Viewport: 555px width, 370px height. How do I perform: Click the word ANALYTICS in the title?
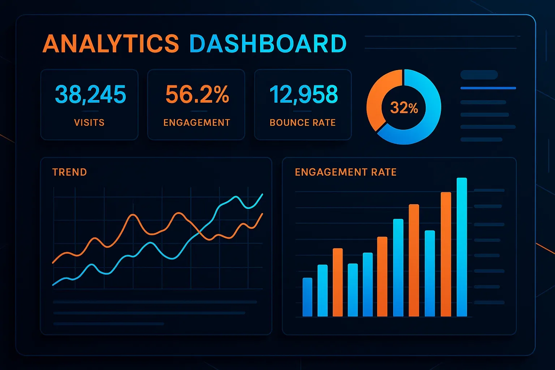pyautogui.click(x=111, y=43)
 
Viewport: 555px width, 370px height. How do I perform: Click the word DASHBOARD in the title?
pyautogui.click(x=268, y=43)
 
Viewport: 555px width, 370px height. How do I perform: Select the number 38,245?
pyautogui.click(x=90, y=94)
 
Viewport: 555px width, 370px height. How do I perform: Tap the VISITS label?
pyautogui.click(x=89, y=123)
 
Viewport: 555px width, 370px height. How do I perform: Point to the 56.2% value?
pyautogui.click(x=197, y=94)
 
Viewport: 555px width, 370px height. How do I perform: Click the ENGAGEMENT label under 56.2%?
pyautogui.click(x=197, y=123)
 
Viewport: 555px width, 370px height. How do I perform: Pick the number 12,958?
pyautogui.click(x=304, y=94)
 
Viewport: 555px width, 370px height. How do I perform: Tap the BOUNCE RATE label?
pyautogui.click(x=303, y=123)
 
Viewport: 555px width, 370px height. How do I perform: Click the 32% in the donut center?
pyautogui.click(x=404, y=108)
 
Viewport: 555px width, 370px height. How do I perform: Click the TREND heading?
pyautogui.click(x=69, y=172)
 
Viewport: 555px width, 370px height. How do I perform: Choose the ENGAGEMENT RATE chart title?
pyautogui.click(x=345, y=172)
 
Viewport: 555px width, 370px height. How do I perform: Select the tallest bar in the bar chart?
pyautogui.click(x=462, y=247)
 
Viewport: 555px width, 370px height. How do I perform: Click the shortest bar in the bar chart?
pyautogui.click(x=307, y=297)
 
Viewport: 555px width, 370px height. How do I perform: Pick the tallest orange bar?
pyautogui.click(x=446, y=254)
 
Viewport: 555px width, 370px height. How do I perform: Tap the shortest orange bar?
pyautogui.click(x=337, y=282)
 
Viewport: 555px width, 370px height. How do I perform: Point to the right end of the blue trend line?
pyautogui.click(x=262, y=194)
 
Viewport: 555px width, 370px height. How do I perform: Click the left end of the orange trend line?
pyautogui.click(x=53, y=263)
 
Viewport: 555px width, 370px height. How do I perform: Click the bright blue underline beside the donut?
pyautogui.click(x=488, y=88)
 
